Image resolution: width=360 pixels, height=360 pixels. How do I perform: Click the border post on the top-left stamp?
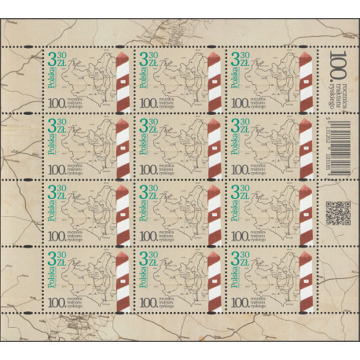coord(122,79)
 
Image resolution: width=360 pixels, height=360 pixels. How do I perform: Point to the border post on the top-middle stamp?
coord(213,79)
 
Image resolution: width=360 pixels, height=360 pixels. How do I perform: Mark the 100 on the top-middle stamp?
coord(146,100)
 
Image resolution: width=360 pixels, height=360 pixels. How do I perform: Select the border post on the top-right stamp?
coord(303,79)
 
